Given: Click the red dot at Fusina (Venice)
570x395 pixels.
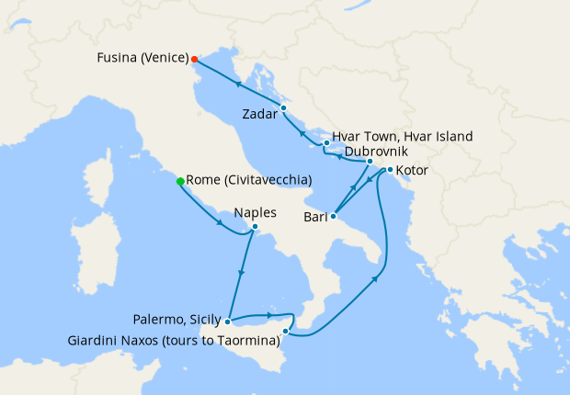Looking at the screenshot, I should point(194,59).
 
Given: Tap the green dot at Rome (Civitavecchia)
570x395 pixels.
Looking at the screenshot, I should point(180,181).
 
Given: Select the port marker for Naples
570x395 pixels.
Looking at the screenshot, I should point(255,228).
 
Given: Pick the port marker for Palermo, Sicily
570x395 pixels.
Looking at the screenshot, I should point(227,322).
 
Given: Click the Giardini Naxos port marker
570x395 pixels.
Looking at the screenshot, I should point(286,331).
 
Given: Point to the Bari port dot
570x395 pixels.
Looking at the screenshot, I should point(333,217).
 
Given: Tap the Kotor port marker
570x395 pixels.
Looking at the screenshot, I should point(390,170).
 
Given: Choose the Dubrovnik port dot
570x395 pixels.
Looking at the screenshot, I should point(370,162).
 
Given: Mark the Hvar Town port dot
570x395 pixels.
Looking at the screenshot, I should point(326,143).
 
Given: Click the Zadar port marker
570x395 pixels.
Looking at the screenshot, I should point(283,108).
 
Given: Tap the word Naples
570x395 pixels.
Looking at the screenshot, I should point(256,212).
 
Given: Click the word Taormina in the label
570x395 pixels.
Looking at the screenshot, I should point(249,342).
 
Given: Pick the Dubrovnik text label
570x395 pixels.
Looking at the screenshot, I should point(376,152).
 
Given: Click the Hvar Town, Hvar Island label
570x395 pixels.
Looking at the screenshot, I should point(403,136).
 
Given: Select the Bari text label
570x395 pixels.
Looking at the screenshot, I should point(314,218).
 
